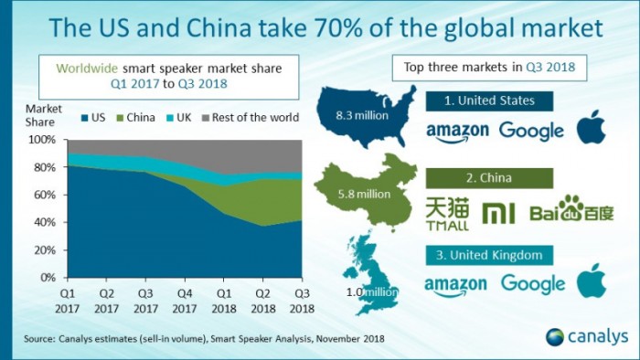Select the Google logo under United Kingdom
(532, 284)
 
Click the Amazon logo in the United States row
(457, 132)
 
